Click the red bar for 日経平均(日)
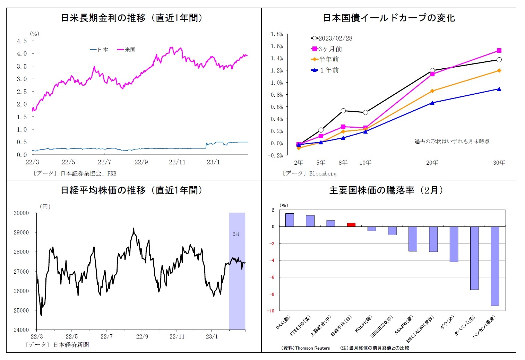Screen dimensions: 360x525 (x=351, y=225)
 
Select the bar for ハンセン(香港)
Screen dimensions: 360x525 (x=495, y=266)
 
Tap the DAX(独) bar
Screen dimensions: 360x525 (x=290, y=220)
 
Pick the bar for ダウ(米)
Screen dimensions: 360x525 (x=454, y=244)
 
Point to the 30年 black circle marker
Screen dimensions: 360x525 (x=499, y=60)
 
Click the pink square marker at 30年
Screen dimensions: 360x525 (x=499, y=51)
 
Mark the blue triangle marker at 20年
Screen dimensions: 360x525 (x=432, y=103)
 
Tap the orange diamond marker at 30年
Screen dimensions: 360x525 (x=499, y=70)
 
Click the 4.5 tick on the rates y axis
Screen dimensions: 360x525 (x=21, y=41)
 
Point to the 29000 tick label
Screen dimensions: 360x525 (x=21, y=232)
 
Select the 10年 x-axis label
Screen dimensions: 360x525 (x=365, y=163)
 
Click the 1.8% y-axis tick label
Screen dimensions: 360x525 (x=277, y=34)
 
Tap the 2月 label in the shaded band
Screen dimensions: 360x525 (x=236, y=234)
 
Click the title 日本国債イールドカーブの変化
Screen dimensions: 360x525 (x=389, y=18)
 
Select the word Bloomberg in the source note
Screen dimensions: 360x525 (x=323, y=173)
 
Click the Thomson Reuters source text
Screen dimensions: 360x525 (x=312, y=348)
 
